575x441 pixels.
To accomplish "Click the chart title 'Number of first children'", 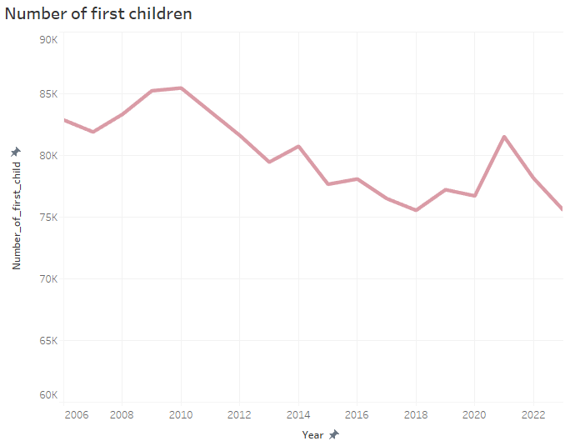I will click(x=98, y=14).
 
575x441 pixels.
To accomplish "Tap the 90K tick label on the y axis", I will click(x=48, y=39).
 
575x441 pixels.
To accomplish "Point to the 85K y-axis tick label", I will click(x=48, y=94).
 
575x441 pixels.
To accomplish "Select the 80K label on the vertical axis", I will click(x=48, y=156).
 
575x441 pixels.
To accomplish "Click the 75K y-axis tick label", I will click(x=48, y=218).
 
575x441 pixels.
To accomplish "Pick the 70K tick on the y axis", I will click(x=48, y=279).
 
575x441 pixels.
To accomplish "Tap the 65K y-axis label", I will click(x=48, y=341).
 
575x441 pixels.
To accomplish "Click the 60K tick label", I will click(x=48, y=395).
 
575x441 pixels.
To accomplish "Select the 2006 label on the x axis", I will click(x=76, y=414).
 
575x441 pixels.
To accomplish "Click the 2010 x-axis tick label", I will click(x=181, y=414).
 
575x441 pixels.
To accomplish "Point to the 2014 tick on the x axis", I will click(x=298, y=414).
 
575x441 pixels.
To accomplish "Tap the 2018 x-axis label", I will click(x=416, y=414).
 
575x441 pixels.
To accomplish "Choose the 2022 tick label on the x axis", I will click(x=533, y=414).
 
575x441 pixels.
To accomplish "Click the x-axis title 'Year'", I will click(x=312, y=434).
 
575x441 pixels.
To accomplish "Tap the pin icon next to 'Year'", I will click(x=334, y=434).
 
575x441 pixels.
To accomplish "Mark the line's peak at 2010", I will click(x=181, y=88).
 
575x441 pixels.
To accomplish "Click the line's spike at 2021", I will click(x=504, y=137).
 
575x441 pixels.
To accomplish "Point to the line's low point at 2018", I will click(x=416, y=210).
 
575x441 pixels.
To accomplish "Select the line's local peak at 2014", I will click(x=298, y=147).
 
